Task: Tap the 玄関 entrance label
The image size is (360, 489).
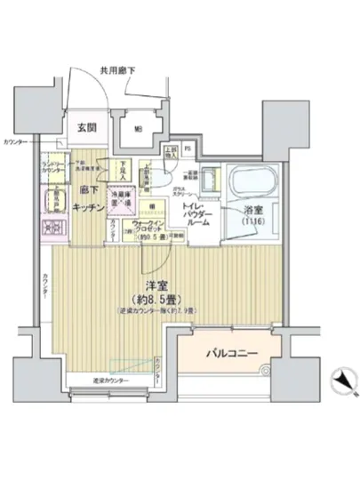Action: (86, 127)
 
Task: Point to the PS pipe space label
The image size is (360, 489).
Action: (188, 148)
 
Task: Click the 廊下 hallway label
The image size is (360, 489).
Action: (86, 190)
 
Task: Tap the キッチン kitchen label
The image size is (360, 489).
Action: (84, 205)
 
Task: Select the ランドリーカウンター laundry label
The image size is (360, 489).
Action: (53, 165)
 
